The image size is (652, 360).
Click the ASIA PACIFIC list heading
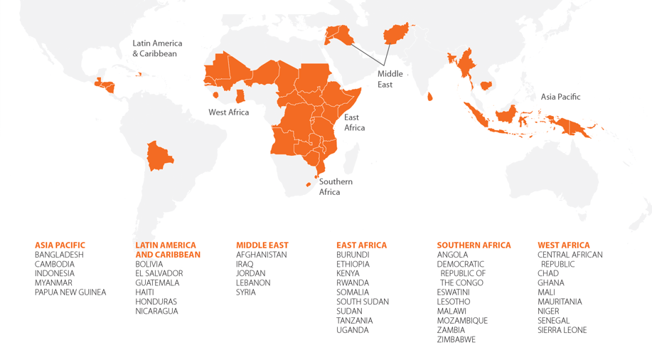(x=60, y=245)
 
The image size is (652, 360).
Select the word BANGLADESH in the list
(x=59, y=255)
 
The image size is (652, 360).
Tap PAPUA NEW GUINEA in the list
(x=70, y=292)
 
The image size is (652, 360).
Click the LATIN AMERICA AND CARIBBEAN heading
(x=168, y=250)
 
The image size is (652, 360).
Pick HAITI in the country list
(x=144, y=292)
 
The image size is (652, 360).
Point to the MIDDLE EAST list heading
(x=262, y=245)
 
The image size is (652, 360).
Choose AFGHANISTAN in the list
(x=261, y=255)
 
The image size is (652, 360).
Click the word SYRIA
(x=245, y=292)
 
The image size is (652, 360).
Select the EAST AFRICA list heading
(x=361, y=245)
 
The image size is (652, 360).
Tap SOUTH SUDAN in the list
(x=363, y=302)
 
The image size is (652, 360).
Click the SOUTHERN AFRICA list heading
(x=474, y=245)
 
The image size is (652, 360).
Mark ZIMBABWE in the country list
(x=456, y=339)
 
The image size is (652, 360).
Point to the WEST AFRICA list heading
(x=563, y=245)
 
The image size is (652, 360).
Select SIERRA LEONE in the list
(x=562, y=330)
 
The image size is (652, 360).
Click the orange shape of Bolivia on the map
(x=159, y=156)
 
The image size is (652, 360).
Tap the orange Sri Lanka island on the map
(x=430, y=97)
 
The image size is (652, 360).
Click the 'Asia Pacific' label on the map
(x=560, y=97)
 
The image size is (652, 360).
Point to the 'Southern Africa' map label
(x=335, y=186)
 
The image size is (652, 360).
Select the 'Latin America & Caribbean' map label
(x=156, y=48)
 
